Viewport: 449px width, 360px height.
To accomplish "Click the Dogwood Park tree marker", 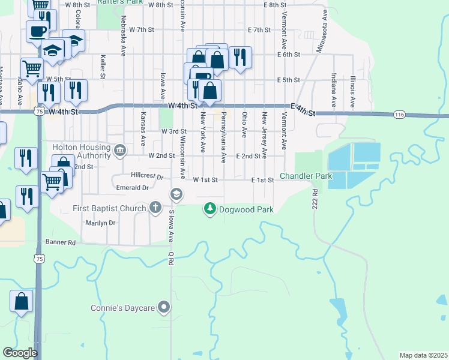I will (x=210, y=209).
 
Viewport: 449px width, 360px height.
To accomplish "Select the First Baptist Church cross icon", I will (x=155, y=208).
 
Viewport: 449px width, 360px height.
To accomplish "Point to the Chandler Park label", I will (x=307, y=177).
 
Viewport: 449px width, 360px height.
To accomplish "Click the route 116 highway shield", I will (x=400, y=114).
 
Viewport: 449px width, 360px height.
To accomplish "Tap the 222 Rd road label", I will (x=314, y=199).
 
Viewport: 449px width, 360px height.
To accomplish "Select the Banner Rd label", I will (x=60, y=242).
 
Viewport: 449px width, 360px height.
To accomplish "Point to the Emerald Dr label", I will (x=133, y=188).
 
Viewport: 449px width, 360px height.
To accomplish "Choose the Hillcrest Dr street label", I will (x=147, y=177).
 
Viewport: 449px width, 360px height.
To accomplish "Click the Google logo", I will (x=20, y=353).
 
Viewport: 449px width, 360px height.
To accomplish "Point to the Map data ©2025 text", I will (x=423, y=355).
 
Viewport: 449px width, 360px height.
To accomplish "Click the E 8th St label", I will (x=275, y=5).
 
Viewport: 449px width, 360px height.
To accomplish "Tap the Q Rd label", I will (x=171, y=259).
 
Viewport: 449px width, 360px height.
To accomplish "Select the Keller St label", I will (x=103, y=67).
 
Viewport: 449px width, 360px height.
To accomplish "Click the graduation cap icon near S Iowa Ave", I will (x=176, y=194).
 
